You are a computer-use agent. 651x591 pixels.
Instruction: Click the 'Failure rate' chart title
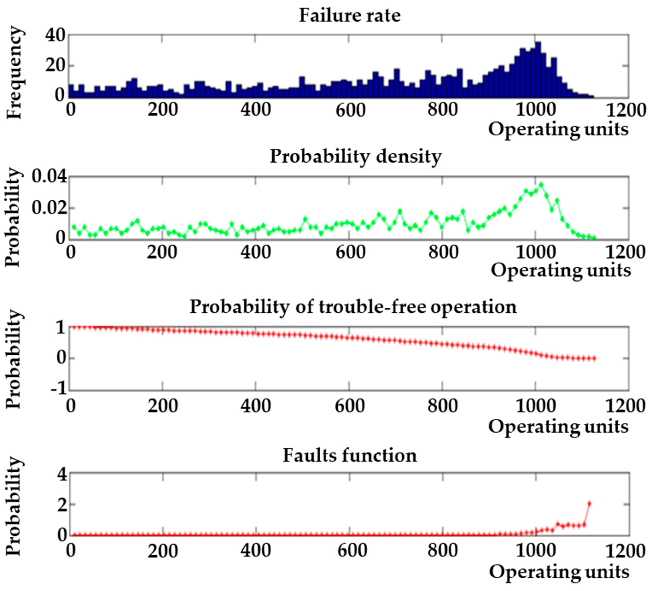coord(349,16)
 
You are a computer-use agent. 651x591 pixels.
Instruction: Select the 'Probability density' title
coord(355,157)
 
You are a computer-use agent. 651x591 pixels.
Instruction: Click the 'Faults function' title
coord(350,456)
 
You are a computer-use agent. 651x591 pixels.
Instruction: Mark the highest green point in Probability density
coord(541,185)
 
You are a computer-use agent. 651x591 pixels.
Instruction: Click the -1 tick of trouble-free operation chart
coord(58,389)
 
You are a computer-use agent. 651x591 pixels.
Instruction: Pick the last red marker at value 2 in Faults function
coord(589,503)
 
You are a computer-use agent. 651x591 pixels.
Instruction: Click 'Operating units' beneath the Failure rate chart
coord(558,129)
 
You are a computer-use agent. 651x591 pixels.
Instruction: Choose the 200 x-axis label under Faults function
coord(163,551)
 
